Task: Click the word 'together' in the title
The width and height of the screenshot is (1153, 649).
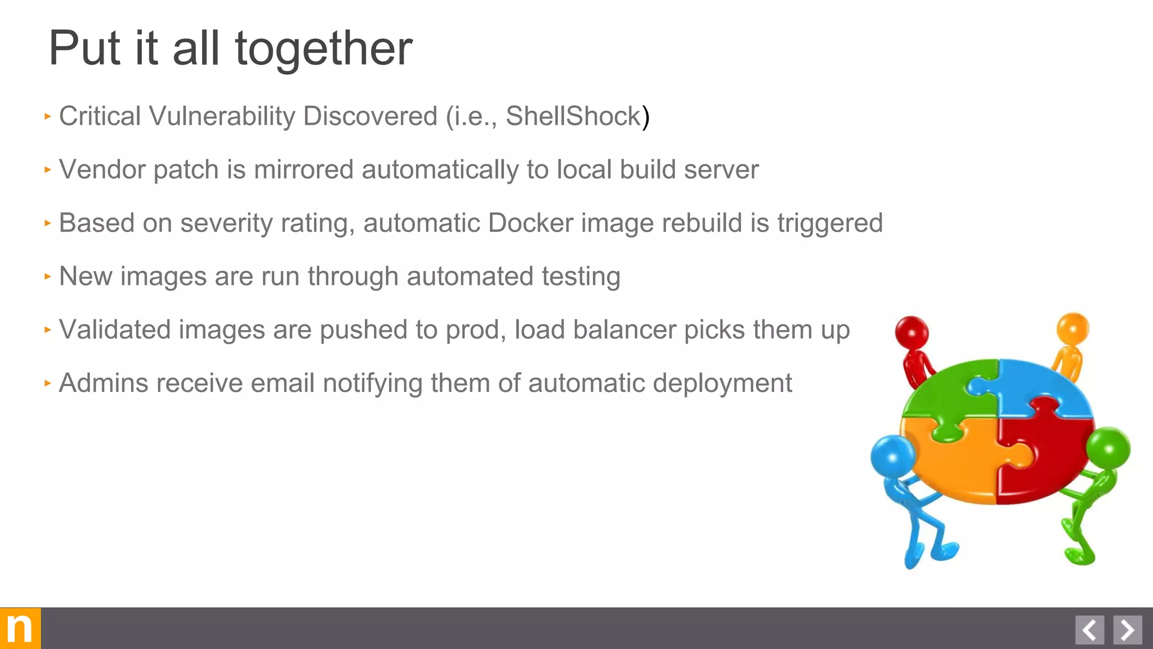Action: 324,50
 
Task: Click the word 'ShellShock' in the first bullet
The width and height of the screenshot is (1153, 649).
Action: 573,116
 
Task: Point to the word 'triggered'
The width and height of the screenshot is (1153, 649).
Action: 830,223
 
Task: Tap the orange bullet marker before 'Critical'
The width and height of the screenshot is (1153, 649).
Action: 48,117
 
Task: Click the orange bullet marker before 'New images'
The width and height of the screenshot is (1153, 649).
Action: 48,277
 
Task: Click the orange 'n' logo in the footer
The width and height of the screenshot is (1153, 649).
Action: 20,628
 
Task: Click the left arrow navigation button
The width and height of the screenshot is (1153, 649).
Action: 1089,630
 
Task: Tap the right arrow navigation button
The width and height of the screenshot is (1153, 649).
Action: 1127,630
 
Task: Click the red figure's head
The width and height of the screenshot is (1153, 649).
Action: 911,332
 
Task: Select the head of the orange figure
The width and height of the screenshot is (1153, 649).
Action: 1072,328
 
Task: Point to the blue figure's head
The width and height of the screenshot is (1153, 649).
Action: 893,456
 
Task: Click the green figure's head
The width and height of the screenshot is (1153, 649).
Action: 1108,449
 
